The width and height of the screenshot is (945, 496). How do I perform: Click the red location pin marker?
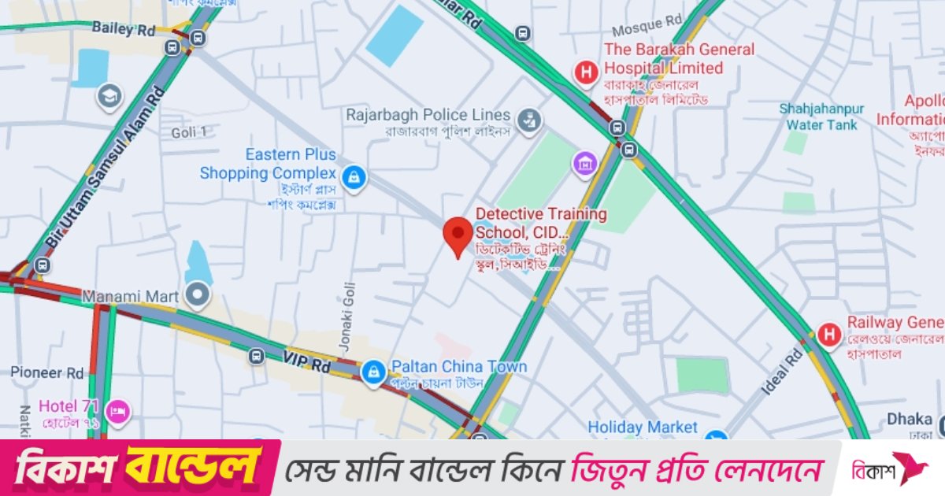tap(458, 235)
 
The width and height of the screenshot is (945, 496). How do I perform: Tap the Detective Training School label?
tap(541, 223)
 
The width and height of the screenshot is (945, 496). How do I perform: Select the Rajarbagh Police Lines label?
tap(428, 116)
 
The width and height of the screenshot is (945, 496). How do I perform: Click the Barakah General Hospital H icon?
tap(585, 73)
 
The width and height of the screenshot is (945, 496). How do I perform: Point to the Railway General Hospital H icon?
tap(828, 334)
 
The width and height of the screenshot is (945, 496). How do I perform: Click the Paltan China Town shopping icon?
tap(372, 369)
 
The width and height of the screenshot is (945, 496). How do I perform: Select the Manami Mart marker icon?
tap(198, 294)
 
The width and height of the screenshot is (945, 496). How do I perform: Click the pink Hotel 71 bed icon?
tap(118, 410)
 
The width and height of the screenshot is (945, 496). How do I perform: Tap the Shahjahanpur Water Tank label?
tap(821, 117)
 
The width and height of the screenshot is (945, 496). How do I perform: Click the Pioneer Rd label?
tap(47, 372)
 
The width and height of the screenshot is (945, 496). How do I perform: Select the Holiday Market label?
tap(643, 428)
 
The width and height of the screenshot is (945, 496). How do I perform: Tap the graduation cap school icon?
tap(109, 96)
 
